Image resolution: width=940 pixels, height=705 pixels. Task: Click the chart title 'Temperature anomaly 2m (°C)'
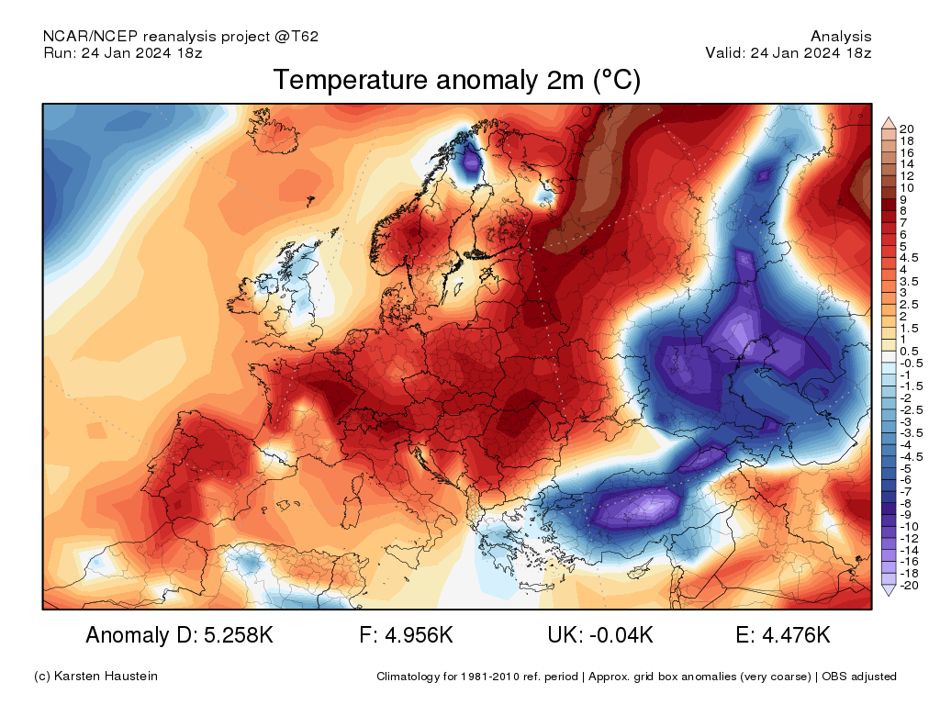click(x=456, y=81)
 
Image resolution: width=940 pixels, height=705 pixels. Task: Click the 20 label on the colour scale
click(x=907, y=129)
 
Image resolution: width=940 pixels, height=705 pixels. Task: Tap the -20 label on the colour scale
click(x=909, y=585)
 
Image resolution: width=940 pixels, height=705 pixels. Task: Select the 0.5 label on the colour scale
click(x=909, y=352)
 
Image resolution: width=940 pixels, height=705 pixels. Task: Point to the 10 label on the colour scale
click(x=907, y=187)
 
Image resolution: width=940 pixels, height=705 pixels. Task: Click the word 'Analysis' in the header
click(x=841, y=37)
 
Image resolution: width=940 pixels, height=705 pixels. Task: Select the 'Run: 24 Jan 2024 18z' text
click(x=122, y=52)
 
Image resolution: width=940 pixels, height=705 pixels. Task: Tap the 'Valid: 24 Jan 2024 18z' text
click(x=788, y=52)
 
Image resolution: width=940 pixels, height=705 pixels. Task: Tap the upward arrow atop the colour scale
click(x=888, y=122)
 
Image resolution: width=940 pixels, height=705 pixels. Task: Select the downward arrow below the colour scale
click(x=888, y=591)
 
